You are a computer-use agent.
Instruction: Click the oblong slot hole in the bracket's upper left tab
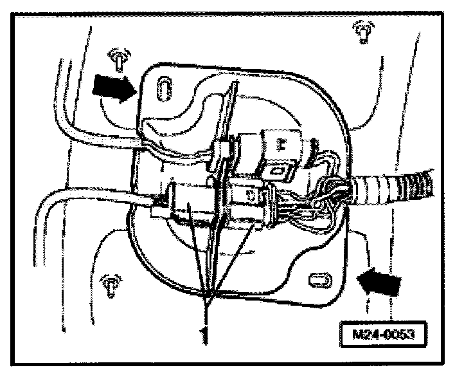pyautogui.click(x=164, y=86)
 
